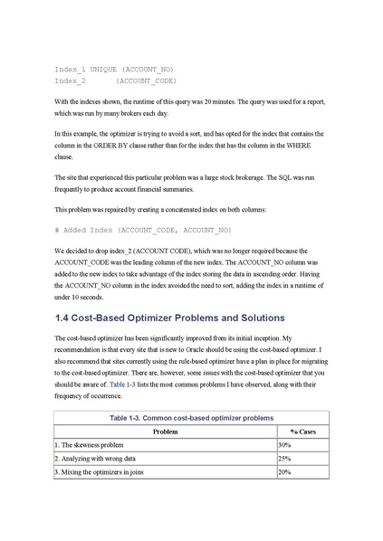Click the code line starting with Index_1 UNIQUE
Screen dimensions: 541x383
pos(113,69)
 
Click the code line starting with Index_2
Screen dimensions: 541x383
pos(115,81)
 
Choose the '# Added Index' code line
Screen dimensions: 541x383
pos(143,230)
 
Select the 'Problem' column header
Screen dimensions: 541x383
pos(165,432)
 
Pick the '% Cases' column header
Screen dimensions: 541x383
pos(302,432)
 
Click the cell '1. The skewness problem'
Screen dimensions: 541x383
pos(96,445)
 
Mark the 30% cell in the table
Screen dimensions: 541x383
pos(284,445)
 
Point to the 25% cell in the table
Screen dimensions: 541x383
pos(284,459)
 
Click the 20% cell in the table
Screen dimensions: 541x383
pos(284,472)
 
